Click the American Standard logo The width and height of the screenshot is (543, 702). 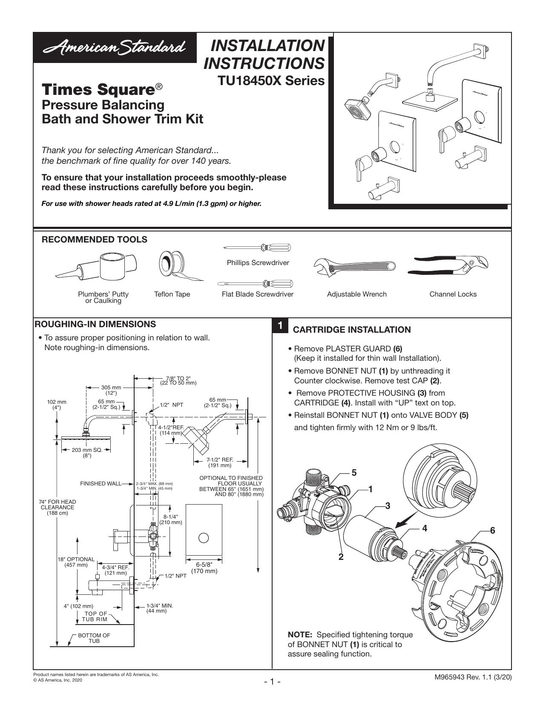115,48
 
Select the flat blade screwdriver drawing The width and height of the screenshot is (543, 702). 255,284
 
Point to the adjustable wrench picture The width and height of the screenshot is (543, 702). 354,266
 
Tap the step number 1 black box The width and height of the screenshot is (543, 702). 280,325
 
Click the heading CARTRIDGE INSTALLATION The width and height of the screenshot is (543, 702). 351,330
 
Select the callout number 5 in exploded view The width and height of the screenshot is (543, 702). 354,473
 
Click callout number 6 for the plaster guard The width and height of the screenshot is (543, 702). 493,530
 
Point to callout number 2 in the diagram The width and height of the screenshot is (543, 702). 341,556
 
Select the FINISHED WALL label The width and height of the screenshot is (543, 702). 101,484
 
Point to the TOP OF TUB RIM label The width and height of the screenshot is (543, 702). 95,616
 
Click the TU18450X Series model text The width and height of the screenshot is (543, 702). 271,80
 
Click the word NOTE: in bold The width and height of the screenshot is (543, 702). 300,635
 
